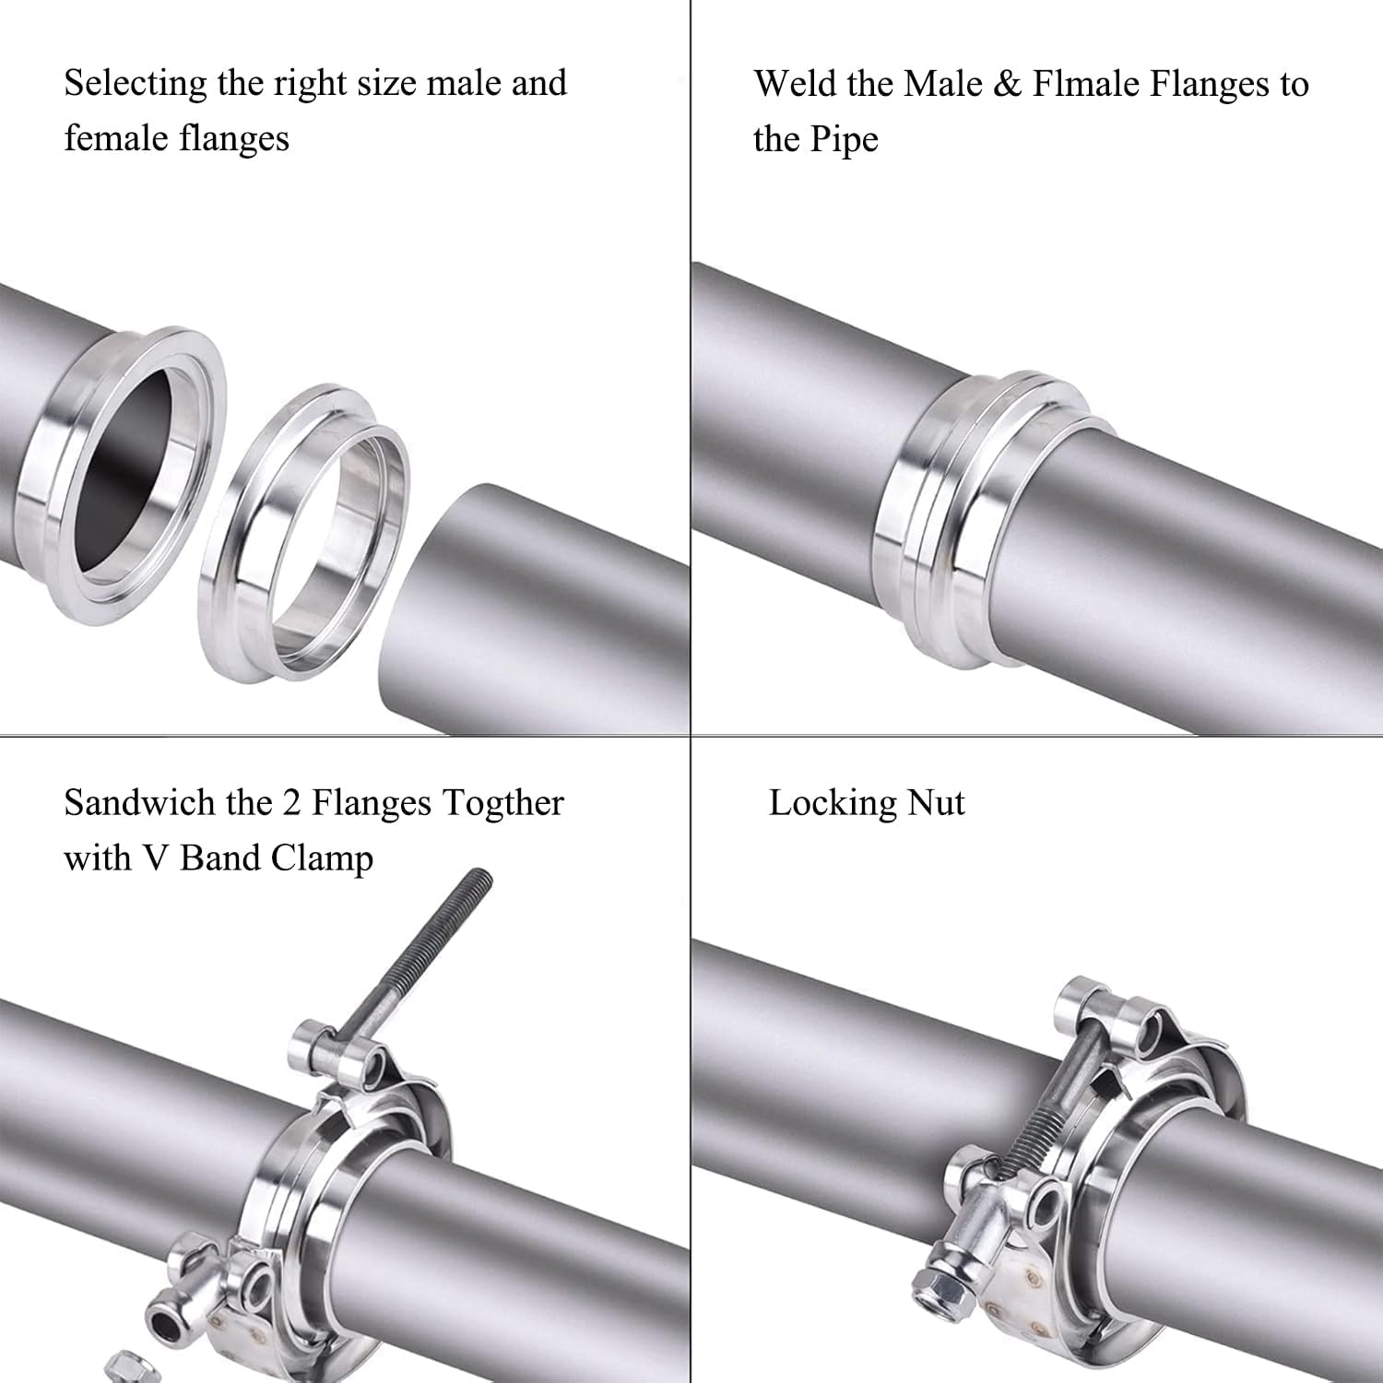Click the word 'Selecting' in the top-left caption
[135, 84]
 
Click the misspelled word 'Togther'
[501, 803]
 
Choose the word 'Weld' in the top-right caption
[794, 84]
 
